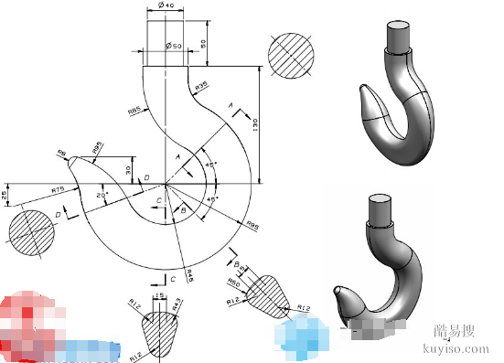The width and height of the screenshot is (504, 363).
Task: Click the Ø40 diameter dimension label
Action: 166,7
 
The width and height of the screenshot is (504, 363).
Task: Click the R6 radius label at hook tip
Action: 61,155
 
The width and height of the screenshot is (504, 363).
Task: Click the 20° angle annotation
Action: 104,194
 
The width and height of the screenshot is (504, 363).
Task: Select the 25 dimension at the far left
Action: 5,194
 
